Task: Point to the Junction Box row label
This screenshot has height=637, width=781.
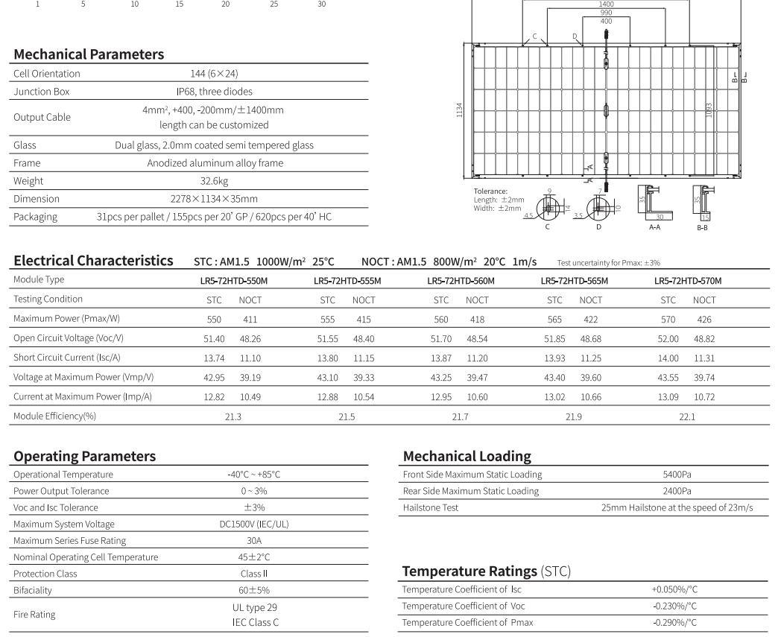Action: coord(41,92)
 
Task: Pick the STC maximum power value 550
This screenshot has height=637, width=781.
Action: coord(214,319)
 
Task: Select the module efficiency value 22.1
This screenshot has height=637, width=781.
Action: coord(686,416)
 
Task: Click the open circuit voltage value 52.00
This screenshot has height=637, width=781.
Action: coord(668,338)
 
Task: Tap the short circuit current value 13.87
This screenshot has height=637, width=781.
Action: coord(440,358)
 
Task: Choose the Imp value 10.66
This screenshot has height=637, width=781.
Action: coord(590,396)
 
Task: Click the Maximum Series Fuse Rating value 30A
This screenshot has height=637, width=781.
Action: coord(254,541)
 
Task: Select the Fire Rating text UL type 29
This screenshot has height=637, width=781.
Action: coord(254,607)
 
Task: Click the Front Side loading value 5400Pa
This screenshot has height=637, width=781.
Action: coord(677,475)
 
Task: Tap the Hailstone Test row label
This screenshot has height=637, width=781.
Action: coord(431,507)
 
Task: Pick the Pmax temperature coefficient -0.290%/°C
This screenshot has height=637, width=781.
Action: coord(674,623)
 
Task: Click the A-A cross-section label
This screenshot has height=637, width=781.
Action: coord(654,227)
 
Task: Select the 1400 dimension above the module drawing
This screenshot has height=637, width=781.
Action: coord(606,4)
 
